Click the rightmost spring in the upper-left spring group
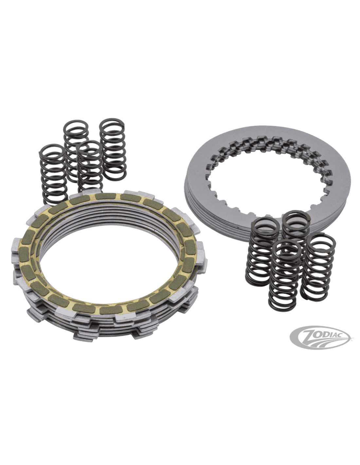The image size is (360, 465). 113,149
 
